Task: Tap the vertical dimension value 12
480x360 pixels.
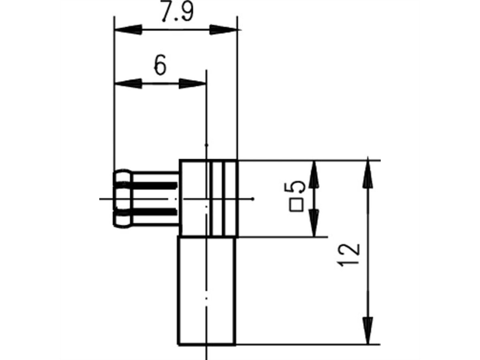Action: coord(349,254)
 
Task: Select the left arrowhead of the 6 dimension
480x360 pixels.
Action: coord(128,84)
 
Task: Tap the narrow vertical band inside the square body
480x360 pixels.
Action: coord(218,198)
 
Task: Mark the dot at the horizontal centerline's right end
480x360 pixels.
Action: coord(253,198)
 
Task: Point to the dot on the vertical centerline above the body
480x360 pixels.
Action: coord(206,144)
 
